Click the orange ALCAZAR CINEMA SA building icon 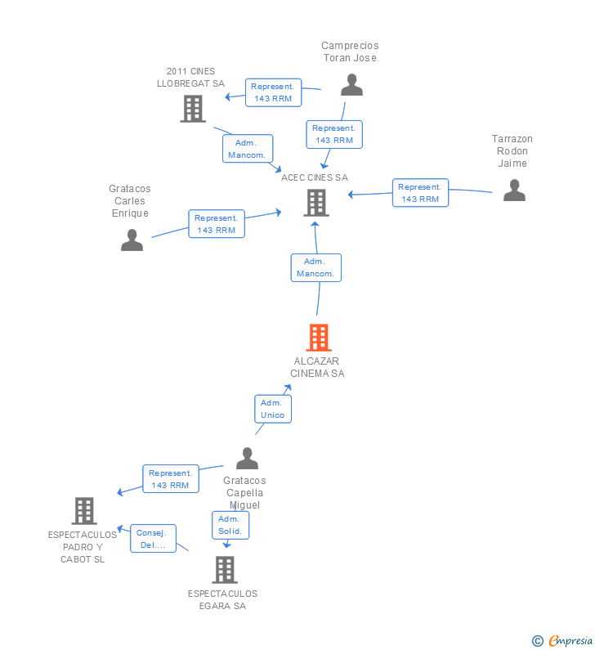pyautogui.click(x=319, y=338)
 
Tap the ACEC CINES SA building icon pyautogui.click(x=316, y=203)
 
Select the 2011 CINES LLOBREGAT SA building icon pyautogui.click(x=193, y=109)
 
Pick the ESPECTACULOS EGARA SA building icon pyautogui.click(x=225, y=570)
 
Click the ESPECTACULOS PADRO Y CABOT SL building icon pyautogui.click(x=84, y=511)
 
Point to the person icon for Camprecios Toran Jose pyautogui.click(x=351, y=85)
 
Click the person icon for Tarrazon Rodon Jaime pyautogui.click(x=514, y=191)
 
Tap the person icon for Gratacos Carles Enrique pyautogui.click(x=132, y=240)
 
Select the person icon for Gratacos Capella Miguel pyautogui.click(x=247, y=458)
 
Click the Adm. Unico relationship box pyautogui.click(x=273, y=409)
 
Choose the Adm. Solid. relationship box pyautogui.click(x=230, y=525)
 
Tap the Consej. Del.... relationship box pyautogui.click(x=153, y=539)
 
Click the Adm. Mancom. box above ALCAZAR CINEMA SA pyautogui.click(x=315, y=268)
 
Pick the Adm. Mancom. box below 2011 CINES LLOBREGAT pyautogui.click(x=248, y=149)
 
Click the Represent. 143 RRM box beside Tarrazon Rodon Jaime pyautogui.click(x=420, y=193)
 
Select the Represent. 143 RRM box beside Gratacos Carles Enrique pyautogui.click(x=217, y=224)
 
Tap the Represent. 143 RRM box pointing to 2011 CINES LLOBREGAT pyautogui.click(x=273, y=92)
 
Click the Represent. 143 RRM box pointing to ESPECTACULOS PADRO pyautogui.click(x=171, y=479)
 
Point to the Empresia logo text pyautogui.click(x=570, y=640)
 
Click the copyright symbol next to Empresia pyautogui.click(x=538, y=641)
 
